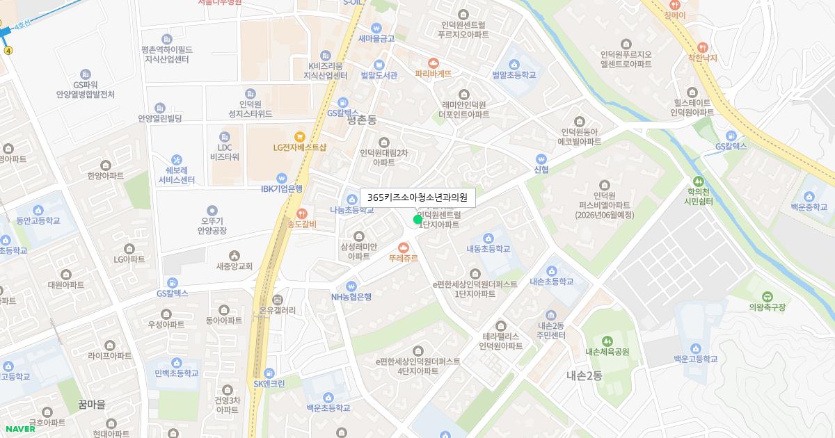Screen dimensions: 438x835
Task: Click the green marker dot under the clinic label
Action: [x=417, y=220]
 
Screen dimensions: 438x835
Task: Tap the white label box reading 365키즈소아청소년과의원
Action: [x=417, y=197]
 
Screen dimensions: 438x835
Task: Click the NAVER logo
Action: [x=19, y=428]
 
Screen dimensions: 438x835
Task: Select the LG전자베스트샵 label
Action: [x=299, y=147]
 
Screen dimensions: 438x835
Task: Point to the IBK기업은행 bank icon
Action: [x=282, y=177]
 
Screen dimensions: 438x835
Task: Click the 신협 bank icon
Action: [x=541, y=159]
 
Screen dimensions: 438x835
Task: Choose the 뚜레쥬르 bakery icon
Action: [x=404, y=246]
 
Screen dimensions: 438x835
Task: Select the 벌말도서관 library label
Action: [x=379, y=75]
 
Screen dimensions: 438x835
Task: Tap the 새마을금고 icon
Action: [x=376, y=27]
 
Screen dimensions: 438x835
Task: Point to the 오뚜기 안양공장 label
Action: [x=212, y=225]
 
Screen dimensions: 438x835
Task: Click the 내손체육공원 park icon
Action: [x=607, y=341]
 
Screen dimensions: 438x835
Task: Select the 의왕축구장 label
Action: [x=767, y=307]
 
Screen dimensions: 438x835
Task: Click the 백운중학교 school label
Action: [x=809, y=207]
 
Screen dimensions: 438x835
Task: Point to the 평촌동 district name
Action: [x=361, y=120]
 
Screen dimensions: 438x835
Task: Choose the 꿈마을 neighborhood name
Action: [x=92, y=404]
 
